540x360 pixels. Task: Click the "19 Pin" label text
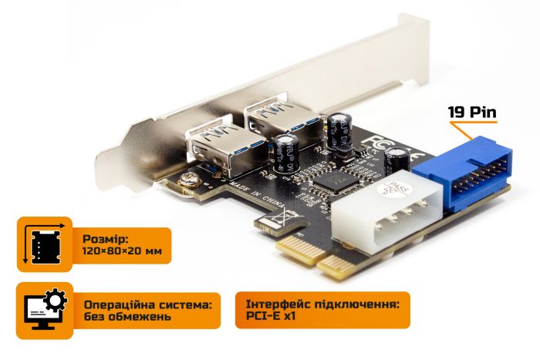(473, 112)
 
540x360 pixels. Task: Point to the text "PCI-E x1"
(272, 317)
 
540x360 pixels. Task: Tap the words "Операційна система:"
(147, 302)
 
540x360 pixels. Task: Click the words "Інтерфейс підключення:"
(322, 302)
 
